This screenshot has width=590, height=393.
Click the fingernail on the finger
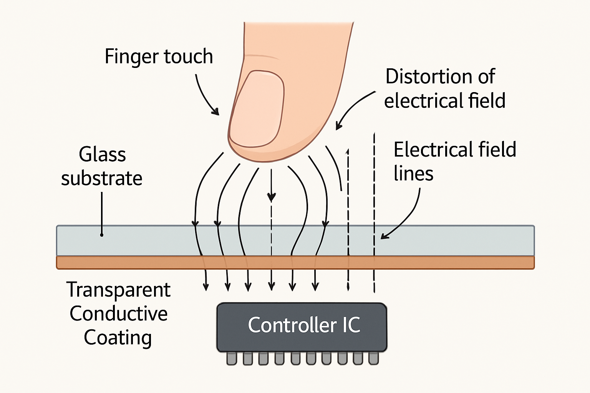point(257,108)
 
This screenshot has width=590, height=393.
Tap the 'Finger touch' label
point(159,56)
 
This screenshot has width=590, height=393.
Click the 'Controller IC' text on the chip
point(304,325)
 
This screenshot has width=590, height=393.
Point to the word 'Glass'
point(102,154)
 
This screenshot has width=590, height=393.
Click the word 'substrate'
point(102,178)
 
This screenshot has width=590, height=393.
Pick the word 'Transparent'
point(118,290)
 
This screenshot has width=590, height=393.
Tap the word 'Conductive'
point(118,314)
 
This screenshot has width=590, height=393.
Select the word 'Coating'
point(118,338)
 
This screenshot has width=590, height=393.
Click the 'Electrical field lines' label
point(454,161)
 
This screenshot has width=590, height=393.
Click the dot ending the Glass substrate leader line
point(102,234)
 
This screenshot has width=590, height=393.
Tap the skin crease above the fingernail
point(262,57)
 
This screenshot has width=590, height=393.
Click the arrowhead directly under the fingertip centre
point(272,197)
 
